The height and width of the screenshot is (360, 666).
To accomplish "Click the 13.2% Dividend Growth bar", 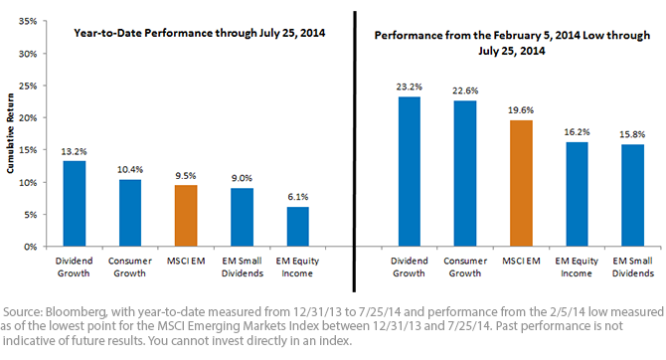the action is pos(75,204).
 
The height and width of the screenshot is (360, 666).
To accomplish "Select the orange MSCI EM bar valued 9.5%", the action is pos(186,216).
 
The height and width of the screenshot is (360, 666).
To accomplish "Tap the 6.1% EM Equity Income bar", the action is pos(298,227).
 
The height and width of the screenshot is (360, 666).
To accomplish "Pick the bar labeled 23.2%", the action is pos(410,172).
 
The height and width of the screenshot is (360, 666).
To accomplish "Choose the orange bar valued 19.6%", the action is pos(521,184).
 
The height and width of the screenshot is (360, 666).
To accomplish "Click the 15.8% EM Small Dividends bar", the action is pos(633,196).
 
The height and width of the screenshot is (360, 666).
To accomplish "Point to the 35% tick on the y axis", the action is pos(28,21).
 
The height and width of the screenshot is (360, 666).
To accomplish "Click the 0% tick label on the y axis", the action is pos(30,247).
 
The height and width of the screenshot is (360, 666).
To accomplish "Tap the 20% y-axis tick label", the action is pos(28,118).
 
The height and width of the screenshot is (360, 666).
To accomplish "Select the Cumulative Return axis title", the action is pos(10,133).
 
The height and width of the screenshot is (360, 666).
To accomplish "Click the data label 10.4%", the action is pos(130,170).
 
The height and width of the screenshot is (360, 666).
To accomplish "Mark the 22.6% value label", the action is pos(465,90).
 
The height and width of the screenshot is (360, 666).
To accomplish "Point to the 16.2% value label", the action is pos(577,132).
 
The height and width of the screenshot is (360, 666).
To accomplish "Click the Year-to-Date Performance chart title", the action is pos(200,33).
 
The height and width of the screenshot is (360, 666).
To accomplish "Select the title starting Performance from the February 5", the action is pos(512,43).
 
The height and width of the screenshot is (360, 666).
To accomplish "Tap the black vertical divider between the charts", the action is pos(354,152).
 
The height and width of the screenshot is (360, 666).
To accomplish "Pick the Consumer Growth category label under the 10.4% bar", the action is pos(130,267).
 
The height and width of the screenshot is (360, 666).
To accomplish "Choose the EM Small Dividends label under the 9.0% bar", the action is pos(243,267).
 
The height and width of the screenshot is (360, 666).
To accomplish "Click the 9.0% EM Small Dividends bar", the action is pos(243,217).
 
